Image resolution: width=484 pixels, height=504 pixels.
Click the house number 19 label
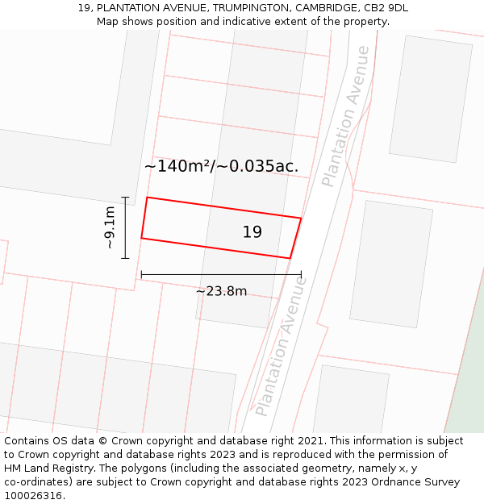252,232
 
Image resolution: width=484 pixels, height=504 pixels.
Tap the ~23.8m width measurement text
221,291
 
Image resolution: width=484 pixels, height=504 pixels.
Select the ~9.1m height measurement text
110,227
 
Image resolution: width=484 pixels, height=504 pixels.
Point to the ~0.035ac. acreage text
264,166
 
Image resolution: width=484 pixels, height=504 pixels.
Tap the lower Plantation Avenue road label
281,347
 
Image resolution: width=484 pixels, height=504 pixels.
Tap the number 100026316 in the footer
33,496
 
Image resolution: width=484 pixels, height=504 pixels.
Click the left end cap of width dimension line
141,274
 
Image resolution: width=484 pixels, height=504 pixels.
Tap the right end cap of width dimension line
301,274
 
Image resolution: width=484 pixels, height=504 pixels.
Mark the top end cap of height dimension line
125,197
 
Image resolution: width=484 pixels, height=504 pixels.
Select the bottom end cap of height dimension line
125,258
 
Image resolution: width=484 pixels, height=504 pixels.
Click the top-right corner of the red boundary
301,218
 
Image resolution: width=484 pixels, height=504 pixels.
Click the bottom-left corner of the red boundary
141,238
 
